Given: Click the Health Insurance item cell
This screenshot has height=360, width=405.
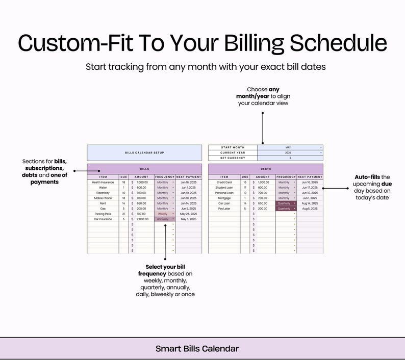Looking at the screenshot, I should click(x=103, y=182).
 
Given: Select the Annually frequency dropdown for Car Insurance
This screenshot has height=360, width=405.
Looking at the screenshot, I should click(x=165, y=219).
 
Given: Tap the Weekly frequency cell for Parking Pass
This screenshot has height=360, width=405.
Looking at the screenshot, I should click(x=165, y=214).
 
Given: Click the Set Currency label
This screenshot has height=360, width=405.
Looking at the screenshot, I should click(x=233, y=158).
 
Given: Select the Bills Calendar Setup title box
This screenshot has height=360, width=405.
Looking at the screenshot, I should click(x=144, y=152).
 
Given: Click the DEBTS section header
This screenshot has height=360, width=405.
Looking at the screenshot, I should click(x=265, y=168).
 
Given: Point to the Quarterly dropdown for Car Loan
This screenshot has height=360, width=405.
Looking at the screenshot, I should click(x=286, y=203).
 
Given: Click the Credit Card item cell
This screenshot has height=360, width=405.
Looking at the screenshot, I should click(x=224, y=182).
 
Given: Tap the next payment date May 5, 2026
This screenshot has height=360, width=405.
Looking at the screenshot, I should click(x=189, y=219).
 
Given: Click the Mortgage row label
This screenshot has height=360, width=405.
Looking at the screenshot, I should click(x=224, y=198).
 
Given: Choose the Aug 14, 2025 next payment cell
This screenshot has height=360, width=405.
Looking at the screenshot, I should click(x=310, y=203).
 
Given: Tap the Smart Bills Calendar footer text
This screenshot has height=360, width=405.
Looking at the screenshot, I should click(x=197, y=349).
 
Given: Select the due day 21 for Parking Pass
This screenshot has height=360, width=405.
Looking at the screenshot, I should click(x=124, y=214).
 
